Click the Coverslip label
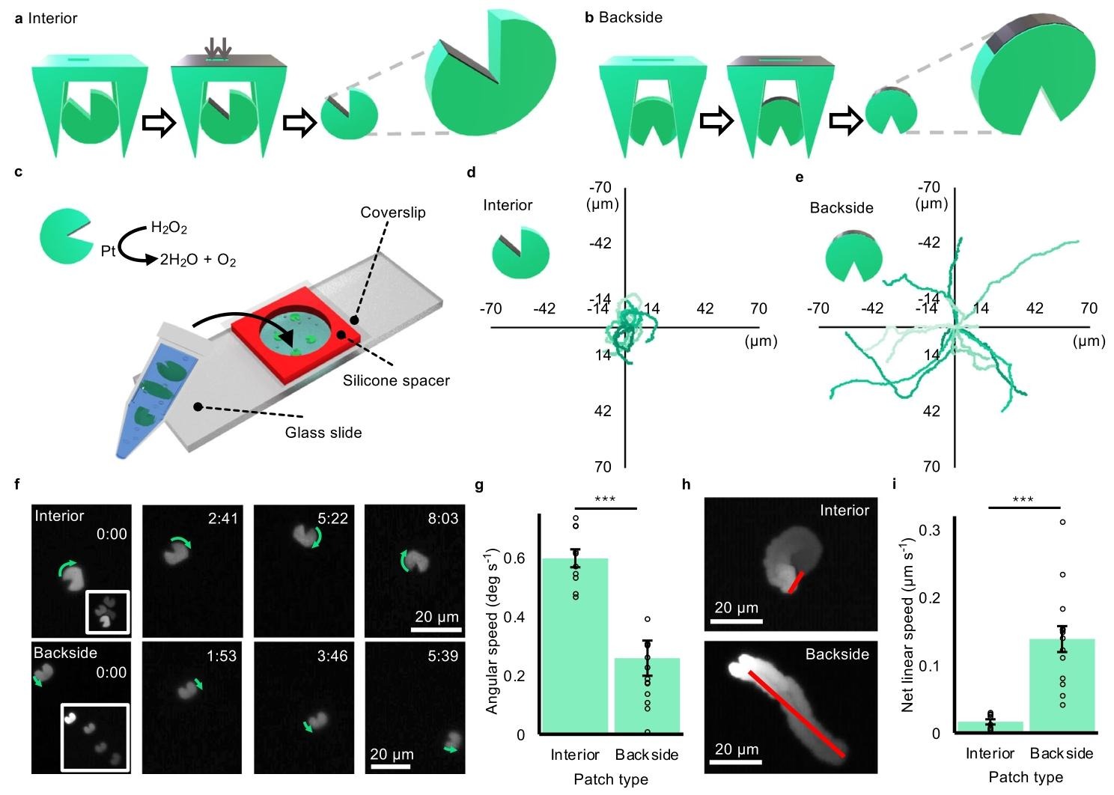click(392, 213)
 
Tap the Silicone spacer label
click(396, 380)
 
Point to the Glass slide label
click(323, 433)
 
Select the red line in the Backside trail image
click(797, 713)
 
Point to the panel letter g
click(479, 485)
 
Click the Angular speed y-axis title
click(492, 632)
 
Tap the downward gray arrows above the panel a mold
click(218, 46)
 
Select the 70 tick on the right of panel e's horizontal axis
click(1089, 308)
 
